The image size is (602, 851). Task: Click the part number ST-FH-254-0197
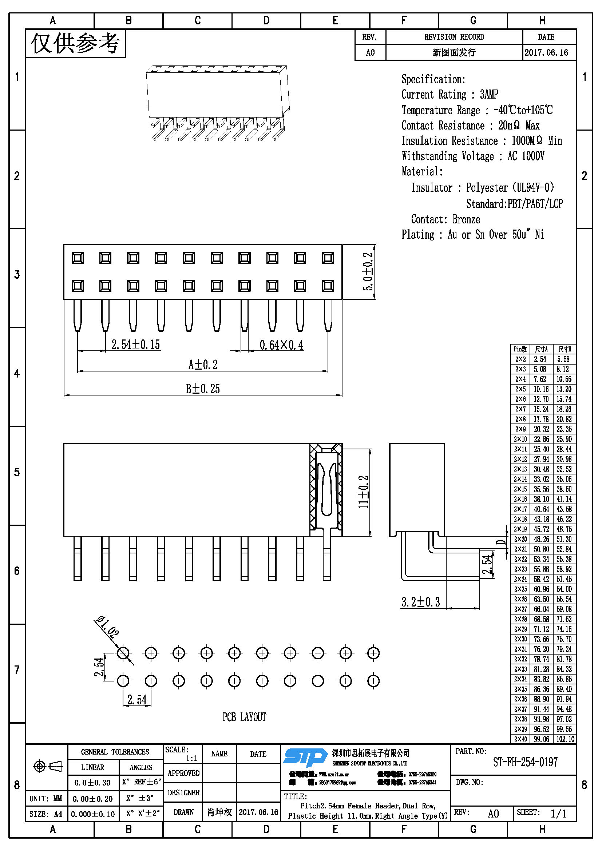click(525, 762)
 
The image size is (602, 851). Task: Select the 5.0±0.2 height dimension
click(368, 272)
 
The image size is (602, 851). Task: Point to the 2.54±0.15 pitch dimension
click(135, 345)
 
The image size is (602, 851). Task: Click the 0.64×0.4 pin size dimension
click(281, 345)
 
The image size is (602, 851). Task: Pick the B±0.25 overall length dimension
click(203, 389)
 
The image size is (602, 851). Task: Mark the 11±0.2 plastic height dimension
click(364, 492)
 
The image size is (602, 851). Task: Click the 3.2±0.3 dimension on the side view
click(420, 602)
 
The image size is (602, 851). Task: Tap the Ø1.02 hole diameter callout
click(108, 627)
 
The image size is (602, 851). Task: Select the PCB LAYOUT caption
click(244, 717)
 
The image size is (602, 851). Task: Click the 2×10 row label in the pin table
click(520, 439)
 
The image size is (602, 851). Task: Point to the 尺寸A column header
click(541, 349)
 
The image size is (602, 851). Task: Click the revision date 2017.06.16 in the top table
click(546, 53)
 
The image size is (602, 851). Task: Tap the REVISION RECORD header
click(454, 37)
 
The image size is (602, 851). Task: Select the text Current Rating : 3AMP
click(449, 95)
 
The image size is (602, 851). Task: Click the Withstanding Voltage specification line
click(473, 156)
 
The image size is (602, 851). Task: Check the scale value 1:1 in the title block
click(192, 758)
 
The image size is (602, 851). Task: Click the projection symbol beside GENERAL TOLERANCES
click(48, 766)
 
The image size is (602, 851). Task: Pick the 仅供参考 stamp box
click(75, 43)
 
